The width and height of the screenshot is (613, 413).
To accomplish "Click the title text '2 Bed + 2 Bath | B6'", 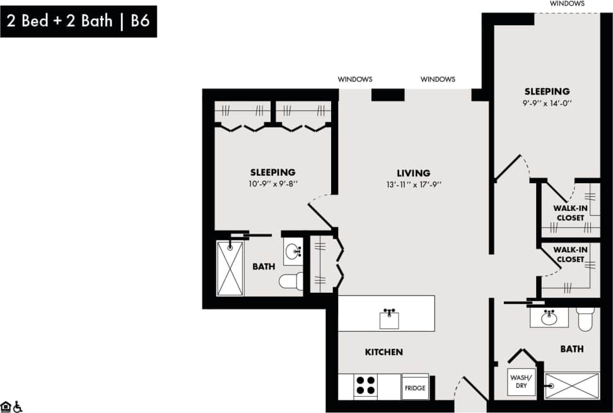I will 78,21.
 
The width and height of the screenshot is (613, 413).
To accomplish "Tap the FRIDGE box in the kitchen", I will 414,387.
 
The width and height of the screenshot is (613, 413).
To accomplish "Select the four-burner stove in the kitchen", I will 366,385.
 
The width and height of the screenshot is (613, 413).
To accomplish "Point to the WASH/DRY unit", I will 521,382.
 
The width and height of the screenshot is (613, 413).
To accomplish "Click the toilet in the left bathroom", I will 291,281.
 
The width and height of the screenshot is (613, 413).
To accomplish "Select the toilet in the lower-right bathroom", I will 585,319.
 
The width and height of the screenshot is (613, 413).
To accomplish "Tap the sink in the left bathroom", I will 293,252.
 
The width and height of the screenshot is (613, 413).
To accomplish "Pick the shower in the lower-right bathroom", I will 571,385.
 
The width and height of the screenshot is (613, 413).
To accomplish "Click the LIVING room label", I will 413,173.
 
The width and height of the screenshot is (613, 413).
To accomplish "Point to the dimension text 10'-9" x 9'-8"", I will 272,184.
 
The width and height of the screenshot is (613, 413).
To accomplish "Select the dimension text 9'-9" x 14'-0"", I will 546,103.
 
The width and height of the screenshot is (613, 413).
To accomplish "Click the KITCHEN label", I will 383,352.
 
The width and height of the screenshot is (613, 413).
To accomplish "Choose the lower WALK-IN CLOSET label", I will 570,254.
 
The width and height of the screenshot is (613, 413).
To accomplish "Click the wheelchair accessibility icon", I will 18,406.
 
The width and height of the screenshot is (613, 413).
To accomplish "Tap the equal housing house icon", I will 6,406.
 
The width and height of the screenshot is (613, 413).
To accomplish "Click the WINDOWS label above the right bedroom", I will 566,3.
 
